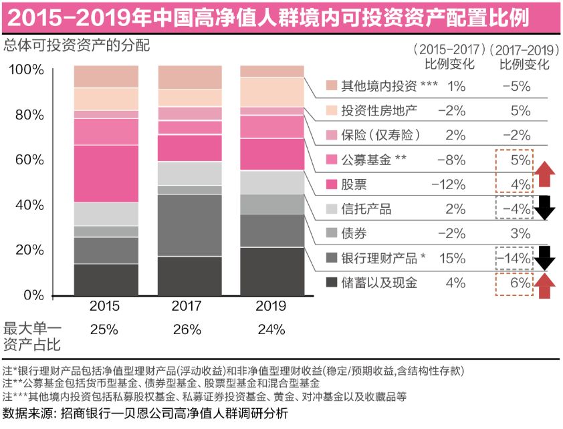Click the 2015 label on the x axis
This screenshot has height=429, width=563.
pos(105,307)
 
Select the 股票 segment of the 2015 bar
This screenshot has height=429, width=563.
pos(106,173)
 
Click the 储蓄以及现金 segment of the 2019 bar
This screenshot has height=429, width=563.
pos(271,271)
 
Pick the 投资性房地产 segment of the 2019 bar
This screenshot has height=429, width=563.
pos(271,92)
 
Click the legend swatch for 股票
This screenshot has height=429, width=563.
pos(332,184)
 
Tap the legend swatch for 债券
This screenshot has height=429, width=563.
pos(332,234)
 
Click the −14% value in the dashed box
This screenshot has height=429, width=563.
pos(516,258)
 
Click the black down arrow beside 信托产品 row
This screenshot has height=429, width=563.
pos(546,208)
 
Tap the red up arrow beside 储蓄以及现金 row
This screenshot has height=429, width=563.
pos(546,284)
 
